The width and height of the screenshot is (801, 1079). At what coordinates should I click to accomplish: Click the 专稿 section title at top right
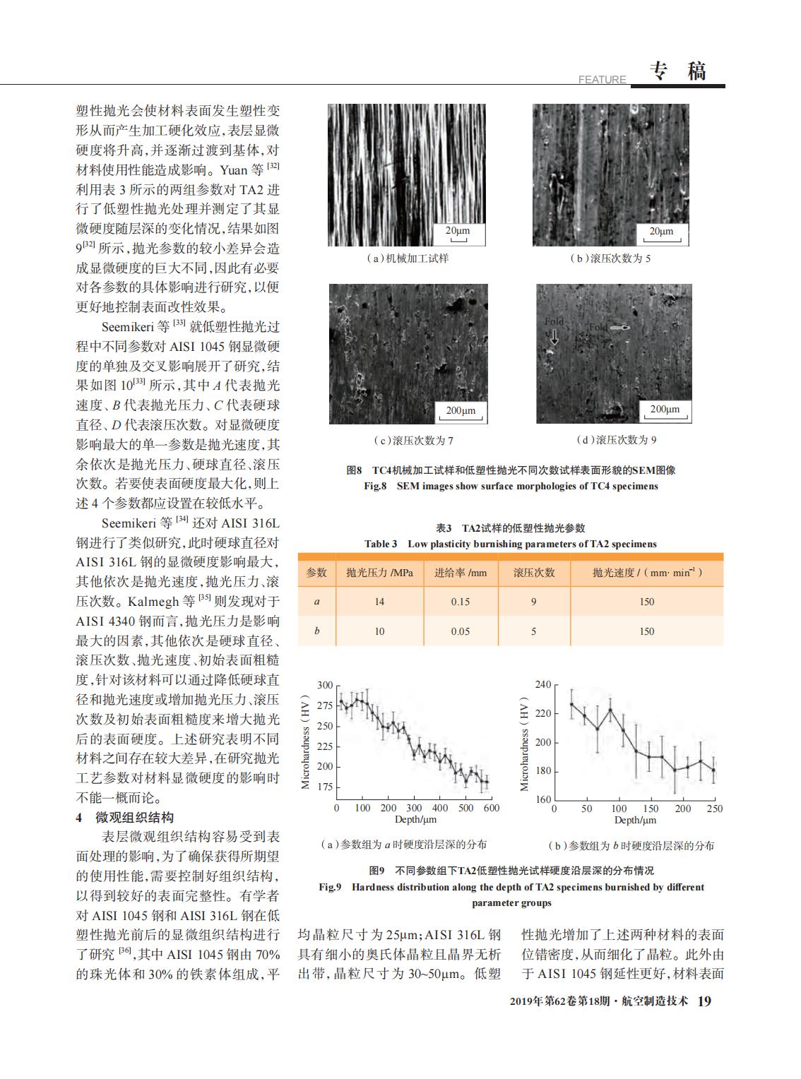pos(677,71)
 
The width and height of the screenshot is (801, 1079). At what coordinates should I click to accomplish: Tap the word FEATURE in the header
pos(602,80)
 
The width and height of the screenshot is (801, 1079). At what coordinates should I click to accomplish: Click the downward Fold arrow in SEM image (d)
pos(554,338)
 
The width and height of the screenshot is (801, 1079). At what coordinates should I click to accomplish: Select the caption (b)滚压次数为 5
pos(610,258)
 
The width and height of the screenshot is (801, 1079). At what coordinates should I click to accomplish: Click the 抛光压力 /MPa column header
pos(379,573)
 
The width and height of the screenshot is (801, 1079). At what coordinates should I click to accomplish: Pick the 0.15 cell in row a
pos(460,602)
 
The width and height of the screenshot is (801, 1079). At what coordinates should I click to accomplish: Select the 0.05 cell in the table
pos(460,631)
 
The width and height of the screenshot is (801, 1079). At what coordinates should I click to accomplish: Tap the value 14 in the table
pos(379,602)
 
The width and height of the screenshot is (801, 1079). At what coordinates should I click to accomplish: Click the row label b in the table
pos(316,631)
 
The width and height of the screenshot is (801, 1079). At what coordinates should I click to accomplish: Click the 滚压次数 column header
pos(534,573)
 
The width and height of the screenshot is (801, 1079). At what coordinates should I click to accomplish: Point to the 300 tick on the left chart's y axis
pos(325,685)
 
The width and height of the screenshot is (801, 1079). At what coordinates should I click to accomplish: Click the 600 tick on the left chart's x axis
pos(492,808)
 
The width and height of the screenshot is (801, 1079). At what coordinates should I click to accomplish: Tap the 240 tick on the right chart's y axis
pos(543,684)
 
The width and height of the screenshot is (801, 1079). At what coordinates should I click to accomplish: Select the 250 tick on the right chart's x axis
pos(715,809)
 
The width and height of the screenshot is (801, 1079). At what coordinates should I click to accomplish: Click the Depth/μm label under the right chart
pos(635,820)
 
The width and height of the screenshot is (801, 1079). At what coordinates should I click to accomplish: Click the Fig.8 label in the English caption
pos(375,486)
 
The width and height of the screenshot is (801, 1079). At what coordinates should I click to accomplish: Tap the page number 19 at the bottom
pos(704,1001)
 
